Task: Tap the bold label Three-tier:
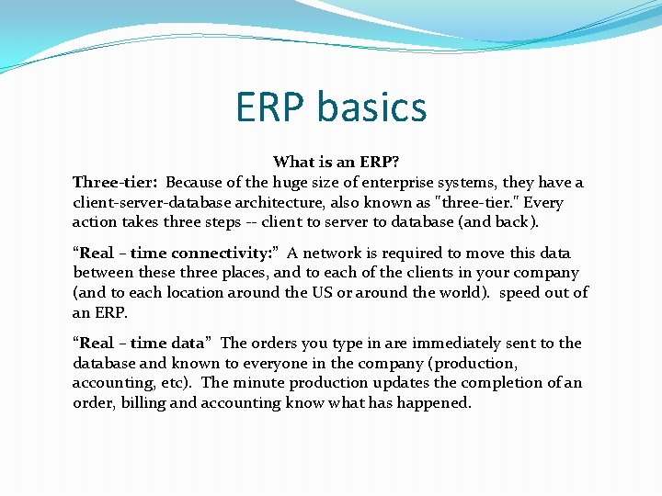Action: point(116,182)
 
